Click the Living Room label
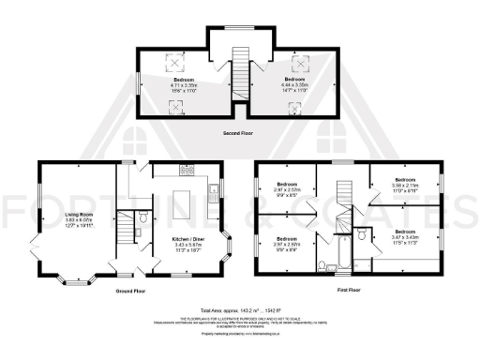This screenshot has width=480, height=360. [x=78, y=219]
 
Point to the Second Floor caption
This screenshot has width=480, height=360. [x=239, y=132]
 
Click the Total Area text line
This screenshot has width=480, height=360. [x=240, y=310]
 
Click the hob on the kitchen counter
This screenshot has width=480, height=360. [x=187, y=172]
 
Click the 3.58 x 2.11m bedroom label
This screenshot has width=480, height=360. [x=404, y=184]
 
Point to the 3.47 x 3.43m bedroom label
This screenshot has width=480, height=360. [x=405, y=234]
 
